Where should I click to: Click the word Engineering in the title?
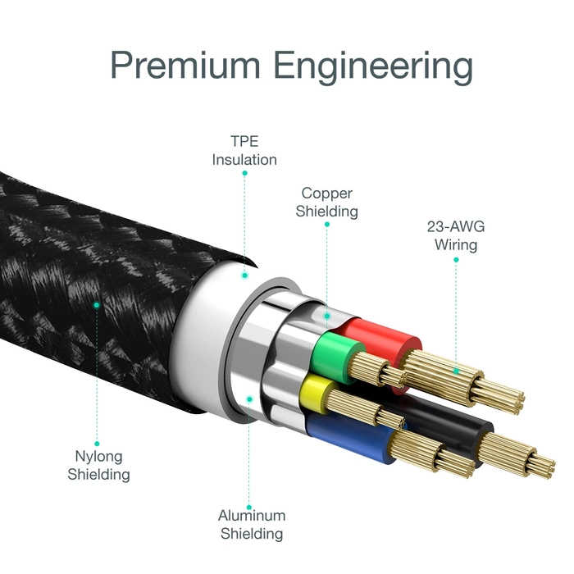(x=373, y=66)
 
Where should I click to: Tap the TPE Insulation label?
(x=244, y=150)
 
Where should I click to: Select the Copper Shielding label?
(x=327, y=202)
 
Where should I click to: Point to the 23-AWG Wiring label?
(x=456, y=235)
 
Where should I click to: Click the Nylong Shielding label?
(x=98, y=465)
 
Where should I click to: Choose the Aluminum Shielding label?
(x=251, y=525)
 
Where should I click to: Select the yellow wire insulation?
(x=316, y=394)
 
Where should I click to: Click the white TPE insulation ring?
(x=205, y=328)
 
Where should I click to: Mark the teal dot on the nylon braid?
(x=97, y=304)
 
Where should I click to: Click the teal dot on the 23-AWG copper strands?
(x=456, y=371)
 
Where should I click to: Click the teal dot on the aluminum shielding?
(x=250, y=399)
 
